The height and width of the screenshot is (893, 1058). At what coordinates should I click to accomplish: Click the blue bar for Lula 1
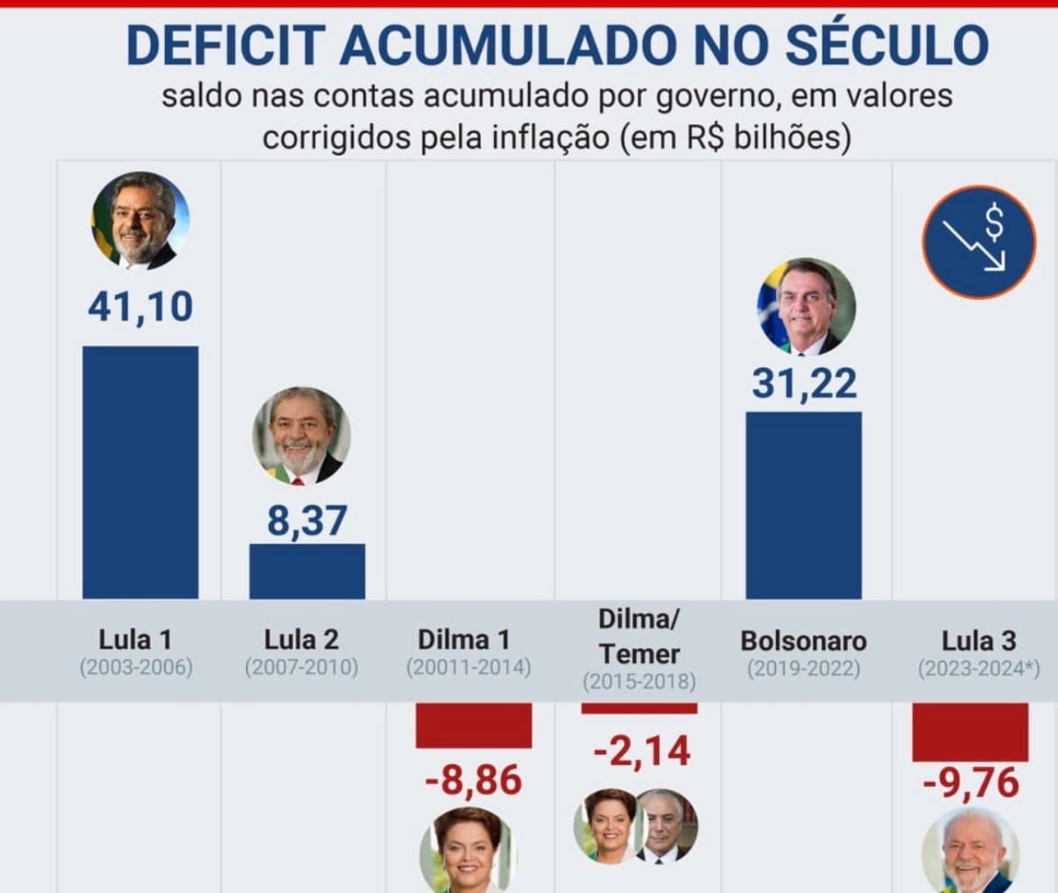pyautogui.click(x=140, y=471)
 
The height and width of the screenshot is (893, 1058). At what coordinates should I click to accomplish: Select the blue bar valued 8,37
pyautogui.click(x=307, y=571)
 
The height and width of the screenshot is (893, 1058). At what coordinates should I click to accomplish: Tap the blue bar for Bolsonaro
pyautogui.click(x=803, y=505)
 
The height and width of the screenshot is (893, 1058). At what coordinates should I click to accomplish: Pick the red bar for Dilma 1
pyautogui.click(x=474, y=725)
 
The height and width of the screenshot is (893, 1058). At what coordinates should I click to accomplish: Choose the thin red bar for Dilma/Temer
pyautogui.click(x=639, y=708)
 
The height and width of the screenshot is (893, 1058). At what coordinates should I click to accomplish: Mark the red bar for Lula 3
pyautogui.click(x=969, y=731)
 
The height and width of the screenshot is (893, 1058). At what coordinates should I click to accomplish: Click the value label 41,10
pyautogui.click(x=140, y=307)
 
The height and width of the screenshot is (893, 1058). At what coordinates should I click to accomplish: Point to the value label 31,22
pyautogui.click(x=804, y=384)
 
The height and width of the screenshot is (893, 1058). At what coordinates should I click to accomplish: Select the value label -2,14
pyautogui.click(x=642, y=750)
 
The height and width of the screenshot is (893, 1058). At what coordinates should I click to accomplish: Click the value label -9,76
pyautogui.click(x=970, y=783)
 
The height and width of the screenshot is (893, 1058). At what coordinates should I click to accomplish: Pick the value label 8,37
pyautogui.click(x=307, y=521)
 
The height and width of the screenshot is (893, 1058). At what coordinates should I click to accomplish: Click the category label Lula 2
pyautogui.click(x=301, y=640)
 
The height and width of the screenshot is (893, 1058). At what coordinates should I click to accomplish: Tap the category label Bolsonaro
pyautogui.click(x=803, y=641)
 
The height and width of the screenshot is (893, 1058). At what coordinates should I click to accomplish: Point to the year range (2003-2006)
pyautogui.click(x=136, y=669)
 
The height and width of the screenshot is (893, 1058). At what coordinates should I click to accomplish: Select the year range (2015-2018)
pyautogui.click(x=639, y=680)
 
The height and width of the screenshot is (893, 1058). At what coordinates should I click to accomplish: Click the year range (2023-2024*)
pyautogui.click(x=978, y=669)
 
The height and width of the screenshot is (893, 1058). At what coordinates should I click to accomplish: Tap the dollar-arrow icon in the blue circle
pyautogui.click(x=978, y=242)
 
